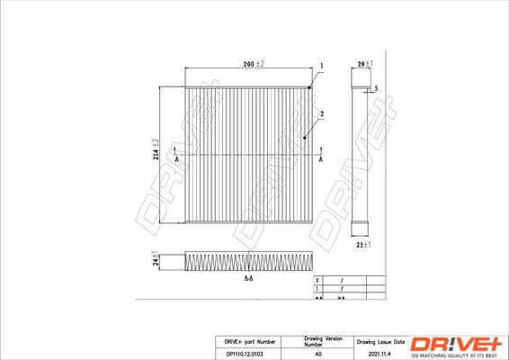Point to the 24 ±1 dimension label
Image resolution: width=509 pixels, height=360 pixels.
tap(155, 260)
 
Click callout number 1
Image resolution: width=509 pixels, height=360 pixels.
tap(321, 67)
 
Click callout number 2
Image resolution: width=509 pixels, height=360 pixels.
tap(321, 113)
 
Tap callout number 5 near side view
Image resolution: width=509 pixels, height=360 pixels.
tap(376, 88)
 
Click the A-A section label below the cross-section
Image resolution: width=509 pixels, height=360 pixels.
tap(248, 280)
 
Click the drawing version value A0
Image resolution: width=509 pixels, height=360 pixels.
tap(318, 355)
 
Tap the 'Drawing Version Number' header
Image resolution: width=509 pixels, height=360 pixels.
tap(318, 342)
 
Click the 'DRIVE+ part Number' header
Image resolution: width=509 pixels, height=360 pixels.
tap(246, 343)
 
